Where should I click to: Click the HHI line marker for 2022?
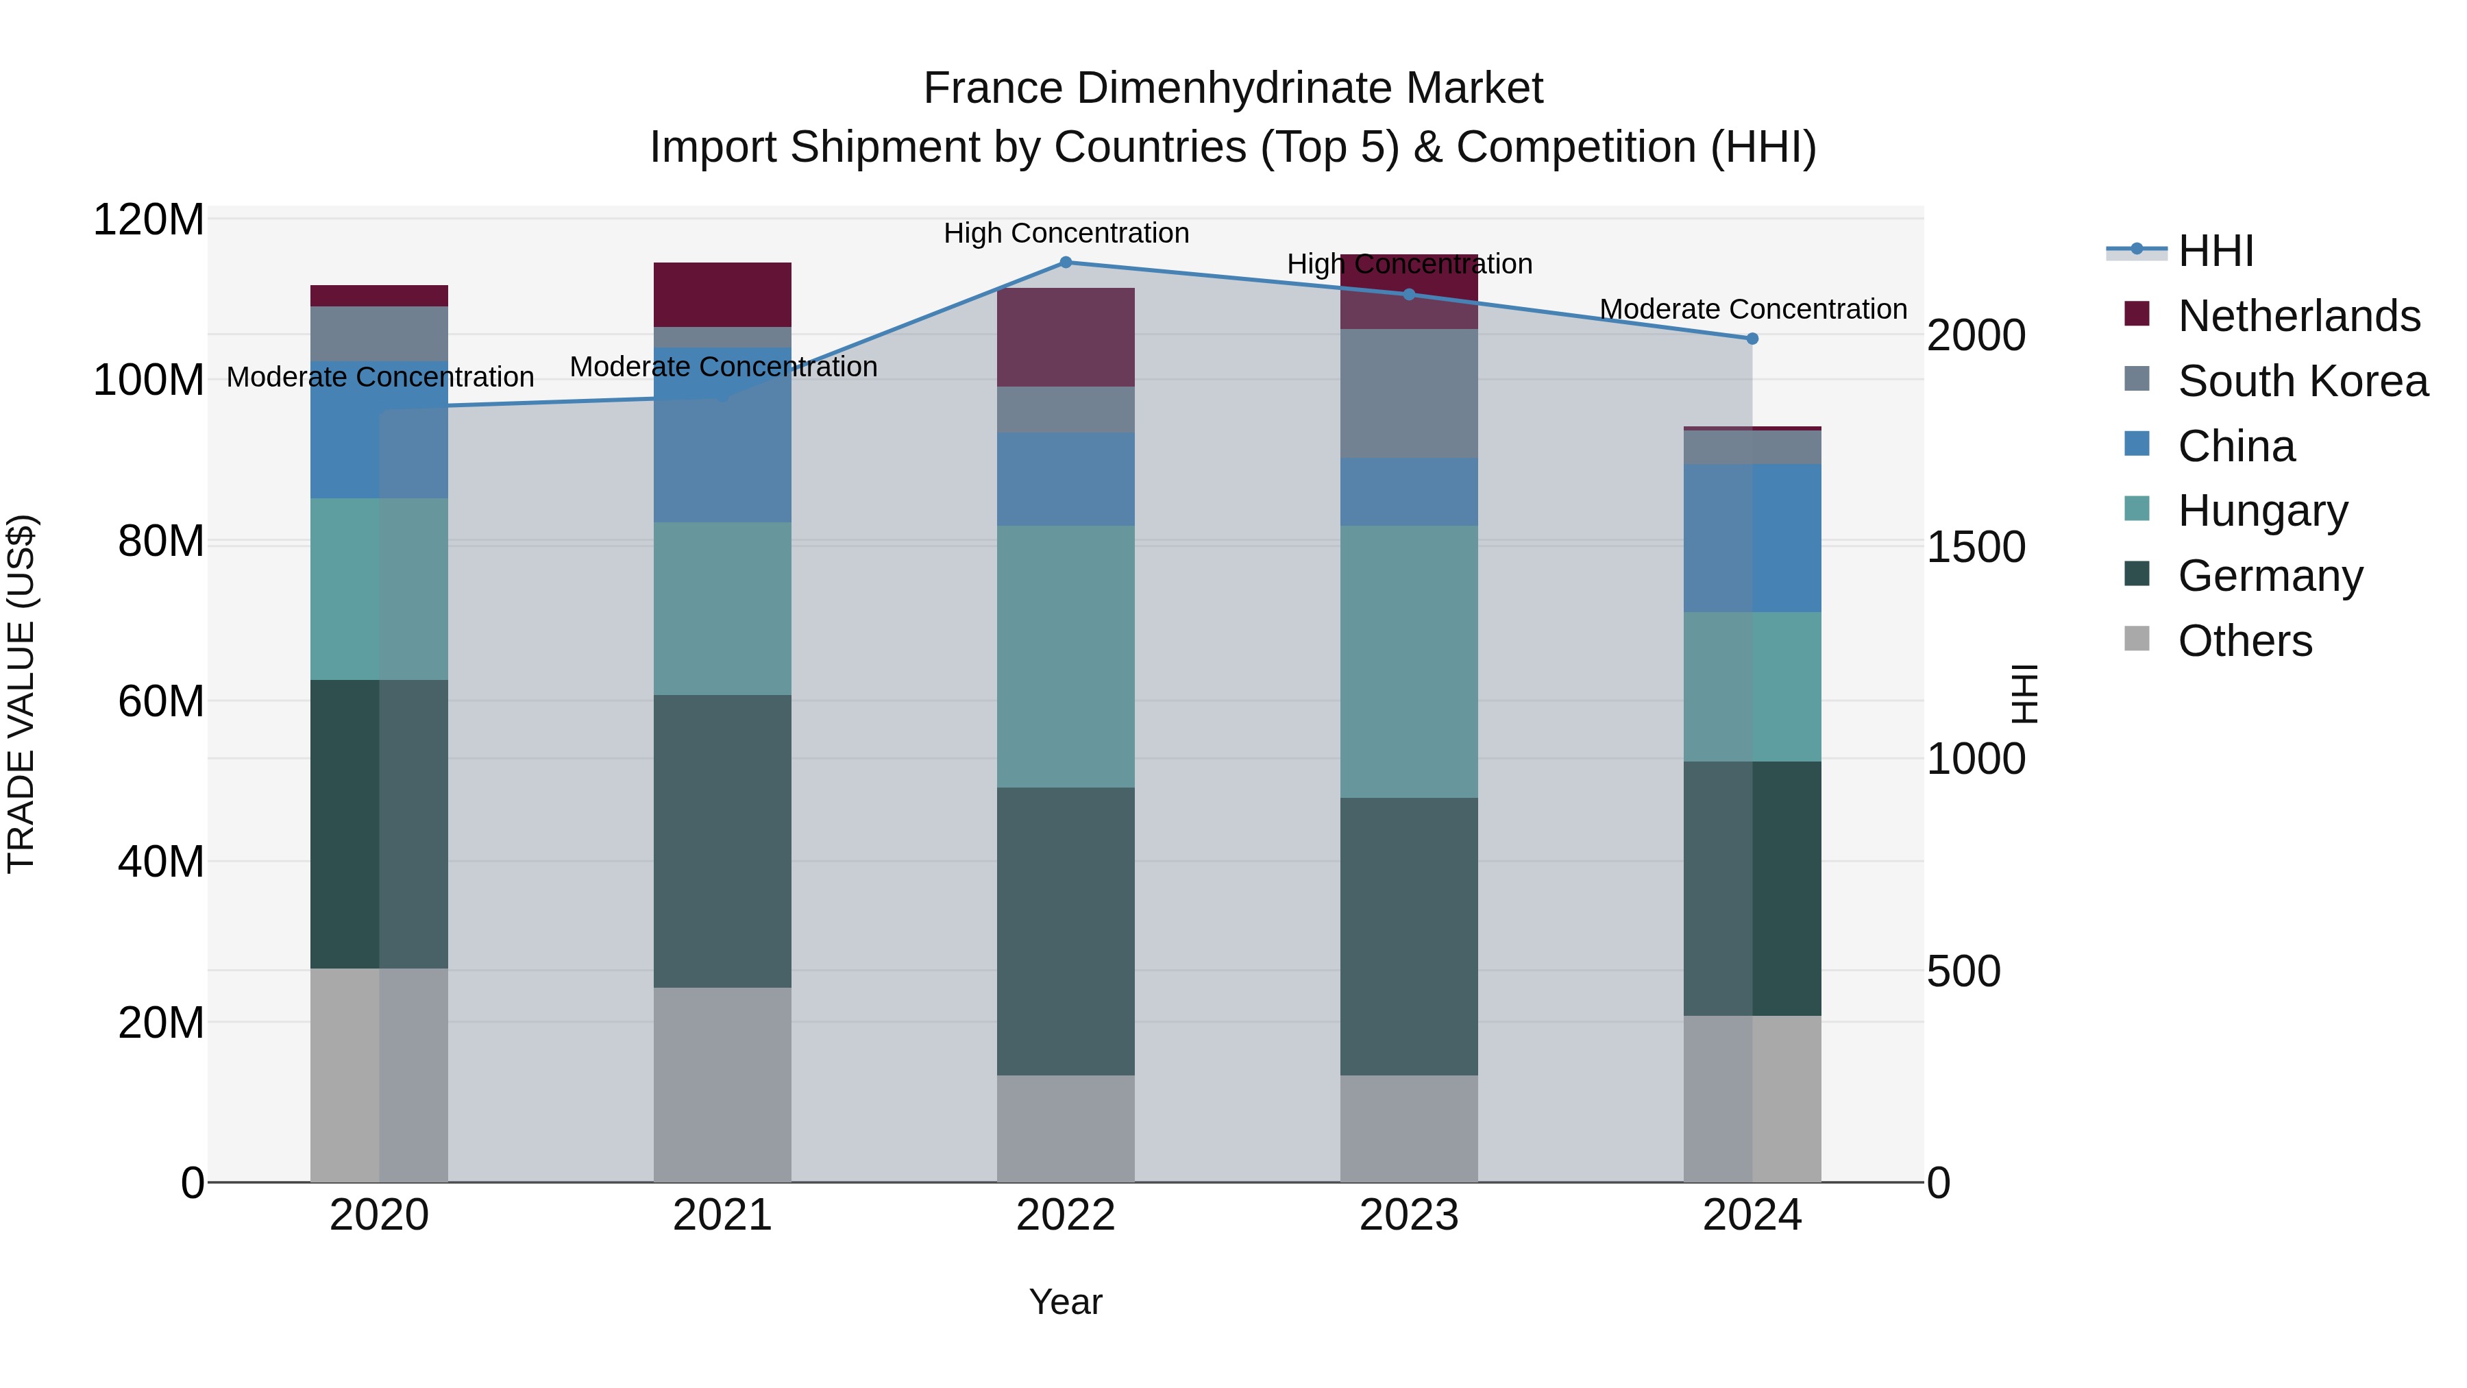[x=1065, y=263]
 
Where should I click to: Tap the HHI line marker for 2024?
[x=1752, y=338]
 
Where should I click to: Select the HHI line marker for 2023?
[x=1409, y=294]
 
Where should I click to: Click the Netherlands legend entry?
[x=2298, y=316]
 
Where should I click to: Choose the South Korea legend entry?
[x=2303, y=381]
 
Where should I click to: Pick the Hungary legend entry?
[x=2262, y=511]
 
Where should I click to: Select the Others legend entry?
[x=2245, y=641]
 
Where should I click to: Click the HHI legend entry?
[x=2215, y=251]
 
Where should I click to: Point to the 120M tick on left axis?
[x=149, y=220]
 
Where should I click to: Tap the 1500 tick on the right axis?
[x=1976, y=547]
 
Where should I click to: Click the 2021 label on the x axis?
[x=722, y=1215]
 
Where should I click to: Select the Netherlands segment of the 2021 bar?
[x=722, y=295]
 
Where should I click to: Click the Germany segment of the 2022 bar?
[x=1065, y=931]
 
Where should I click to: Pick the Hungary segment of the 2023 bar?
[x=1409, y=661]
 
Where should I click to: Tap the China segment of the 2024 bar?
[x=1752, y=538]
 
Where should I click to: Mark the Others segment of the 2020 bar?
[x=379, y=1075]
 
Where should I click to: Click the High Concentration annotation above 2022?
[x=1066, y=233]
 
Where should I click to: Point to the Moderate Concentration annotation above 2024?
[x=1752, y=309]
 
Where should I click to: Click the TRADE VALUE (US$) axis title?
[x=21, y=694]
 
